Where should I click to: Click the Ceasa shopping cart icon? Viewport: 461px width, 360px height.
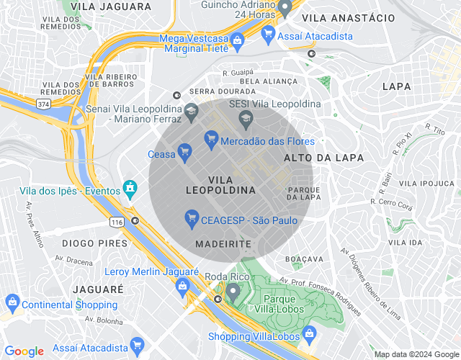pos(184,151)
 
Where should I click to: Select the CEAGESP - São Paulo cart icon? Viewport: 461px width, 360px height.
pos(192,217)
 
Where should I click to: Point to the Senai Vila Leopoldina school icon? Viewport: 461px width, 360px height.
pos(191,111)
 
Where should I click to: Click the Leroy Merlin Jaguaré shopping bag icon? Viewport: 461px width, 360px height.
pos(182,286)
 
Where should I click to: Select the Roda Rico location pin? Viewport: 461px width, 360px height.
pos(233,291)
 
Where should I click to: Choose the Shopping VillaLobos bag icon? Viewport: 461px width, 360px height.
pos(309,333)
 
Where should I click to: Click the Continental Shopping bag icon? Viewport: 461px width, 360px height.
pos(12,304)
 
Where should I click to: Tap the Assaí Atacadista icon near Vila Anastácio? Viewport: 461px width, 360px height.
pos(269,33)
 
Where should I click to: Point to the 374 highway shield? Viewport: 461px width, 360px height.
pos(44,104)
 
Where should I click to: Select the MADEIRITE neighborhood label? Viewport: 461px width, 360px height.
pos(223,244)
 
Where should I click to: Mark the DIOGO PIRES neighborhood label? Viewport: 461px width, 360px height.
pos(94,243)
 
